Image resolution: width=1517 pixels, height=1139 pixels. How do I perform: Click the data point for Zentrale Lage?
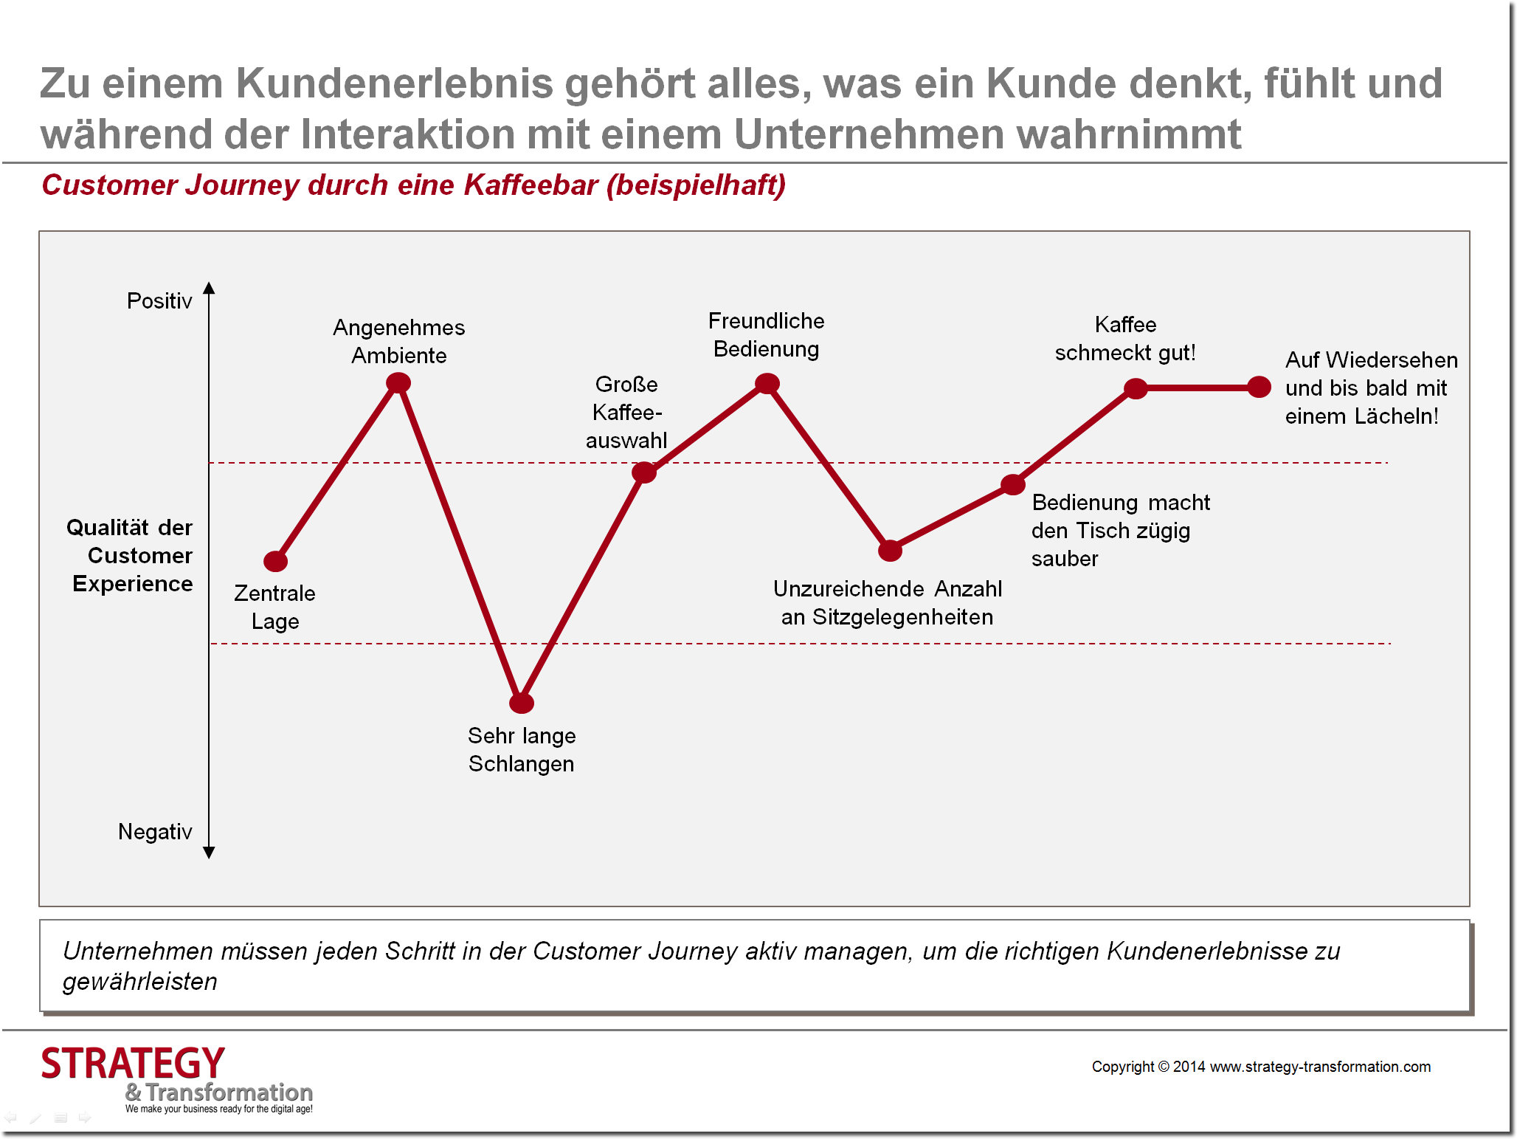275,562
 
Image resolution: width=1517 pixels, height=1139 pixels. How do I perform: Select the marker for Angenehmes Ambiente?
398,382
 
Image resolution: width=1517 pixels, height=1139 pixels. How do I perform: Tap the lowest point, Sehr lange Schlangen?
522,703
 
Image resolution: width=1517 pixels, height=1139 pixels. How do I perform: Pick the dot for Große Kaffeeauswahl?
644,472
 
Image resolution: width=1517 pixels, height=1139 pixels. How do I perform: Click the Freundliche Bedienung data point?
767,383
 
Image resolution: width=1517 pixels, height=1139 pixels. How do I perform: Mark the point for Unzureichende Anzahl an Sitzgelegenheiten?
891,550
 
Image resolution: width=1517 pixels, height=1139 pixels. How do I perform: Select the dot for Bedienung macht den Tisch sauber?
1013,485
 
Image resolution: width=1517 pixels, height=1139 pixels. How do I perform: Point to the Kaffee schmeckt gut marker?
1136,388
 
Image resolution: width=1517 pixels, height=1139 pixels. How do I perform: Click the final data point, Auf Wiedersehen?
1259,387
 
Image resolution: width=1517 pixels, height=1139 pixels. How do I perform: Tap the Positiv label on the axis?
159,301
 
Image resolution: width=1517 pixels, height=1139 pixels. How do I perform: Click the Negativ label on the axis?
155,832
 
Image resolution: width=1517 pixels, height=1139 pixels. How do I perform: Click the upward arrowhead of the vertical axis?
209,288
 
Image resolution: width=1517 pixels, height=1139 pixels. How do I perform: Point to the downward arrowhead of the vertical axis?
209,853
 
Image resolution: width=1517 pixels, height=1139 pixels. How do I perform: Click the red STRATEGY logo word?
133,1064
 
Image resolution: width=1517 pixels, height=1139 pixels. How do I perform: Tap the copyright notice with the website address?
1261,1067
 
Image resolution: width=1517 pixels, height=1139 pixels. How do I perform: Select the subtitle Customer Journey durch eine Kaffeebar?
413,185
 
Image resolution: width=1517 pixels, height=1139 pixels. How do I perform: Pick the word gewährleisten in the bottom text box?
140,982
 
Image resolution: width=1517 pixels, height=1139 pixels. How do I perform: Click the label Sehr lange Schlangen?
522,749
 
